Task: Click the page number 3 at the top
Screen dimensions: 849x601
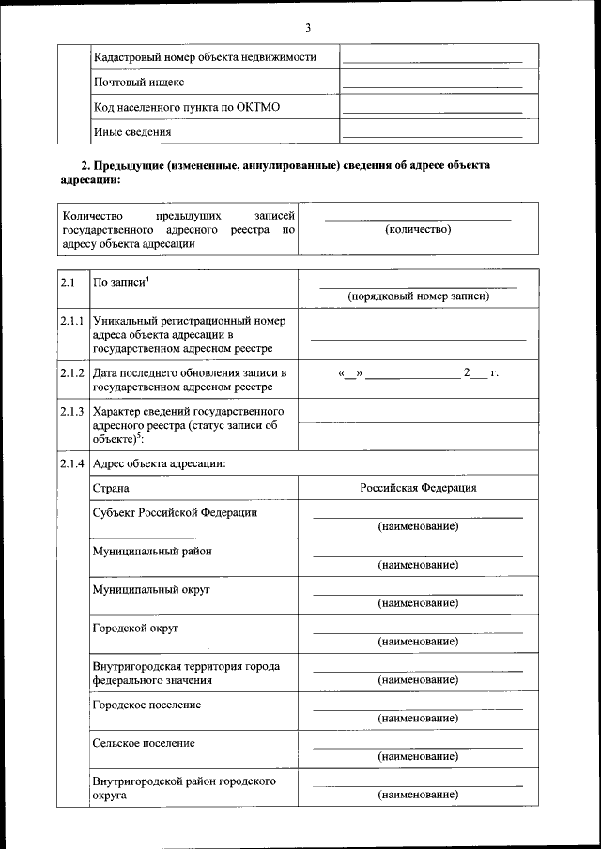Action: pyautogui.click(x=307, y=27)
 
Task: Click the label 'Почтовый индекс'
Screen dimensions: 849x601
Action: pyautogui.click(x=138, y=82)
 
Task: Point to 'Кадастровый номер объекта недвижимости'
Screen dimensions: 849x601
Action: pyautogui.click(x=205, y=57)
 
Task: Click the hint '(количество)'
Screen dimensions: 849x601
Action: pyautogui.click(x=418, y=229)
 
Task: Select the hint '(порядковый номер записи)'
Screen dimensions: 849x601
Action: pyautogui.click(x=418, y=296)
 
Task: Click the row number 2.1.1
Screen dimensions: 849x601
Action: pyautogui.click(x=72, y=321)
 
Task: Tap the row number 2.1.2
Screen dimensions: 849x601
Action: pyautogui.click(x=72, y=372)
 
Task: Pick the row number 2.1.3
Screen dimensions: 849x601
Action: pyautogui.click(x=72, y=411)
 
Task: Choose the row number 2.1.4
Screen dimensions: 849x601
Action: pyautogui.click(x=72, y=462)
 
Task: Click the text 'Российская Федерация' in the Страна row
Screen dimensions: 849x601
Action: pyautogui.click(x=418, y=488)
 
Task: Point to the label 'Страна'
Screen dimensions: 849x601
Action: pyautogui.click(x=111, y=488)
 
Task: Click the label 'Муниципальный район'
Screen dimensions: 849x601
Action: pyautogui.click(x=151, y=551)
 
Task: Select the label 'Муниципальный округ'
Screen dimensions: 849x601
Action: pyautogui.click(x=150, y=589)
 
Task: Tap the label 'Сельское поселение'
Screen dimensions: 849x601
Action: pyautogui.click(x=144, y=743)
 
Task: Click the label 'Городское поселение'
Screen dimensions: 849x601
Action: pyautogui.click(x=146, y=705)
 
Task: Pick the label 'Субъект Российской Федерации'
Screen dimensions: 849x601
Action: pyautogui.click(x=175, y=512)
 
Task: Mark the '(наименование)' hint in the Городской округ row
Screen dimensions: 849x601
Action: pyautogui.click(x=418, y=642)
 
